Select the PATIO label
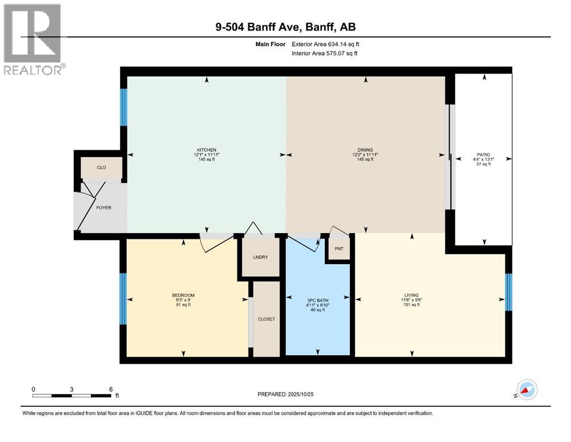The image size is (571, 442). click(x=483, y=155)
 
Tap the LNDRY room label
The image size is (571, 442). click(x=260, y=257)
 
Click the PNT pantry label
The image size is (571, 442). click(x=339, y=250)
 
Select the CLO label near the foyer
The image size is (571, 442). click(x=101, y=167)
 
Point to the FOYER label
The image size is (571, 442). click(x=104, y=208)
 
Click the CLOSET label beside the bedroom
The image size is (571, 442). click(x=266, y=319)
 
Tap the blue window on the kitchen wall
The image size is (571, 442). click(x=123, y=107)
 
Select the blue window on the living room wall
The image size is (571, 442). click(x=508, y=292)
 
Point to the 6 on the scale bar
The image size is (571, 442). click(x=110, y=389)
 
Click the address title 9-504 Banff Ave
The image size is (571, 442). click(x=285, y=26)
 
